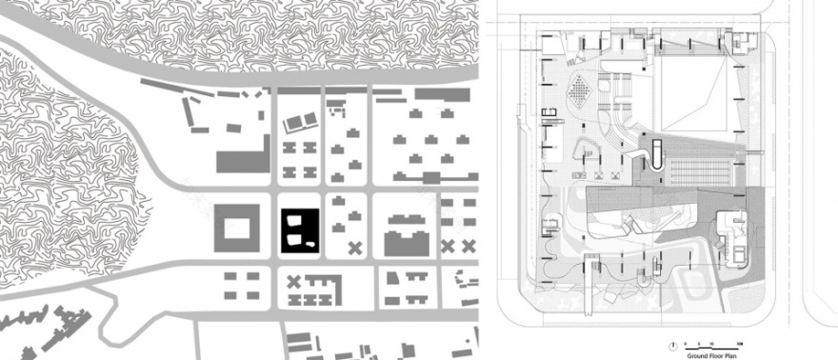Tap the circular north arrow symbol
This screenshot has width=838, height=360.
coord(674,342)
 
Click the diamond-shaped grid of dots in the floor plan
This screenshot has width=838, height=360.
coord(579,91)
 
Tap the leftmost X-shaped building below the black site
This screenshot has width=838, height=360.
coord(294,281)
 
